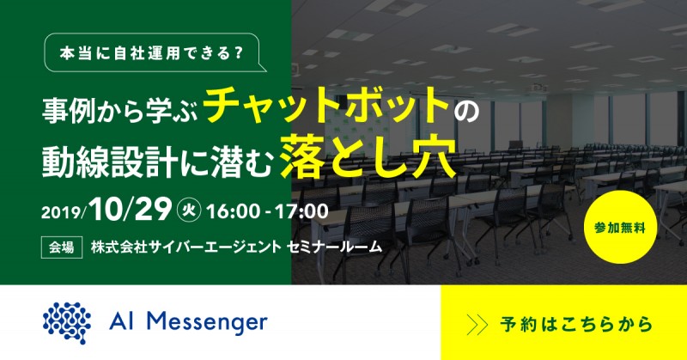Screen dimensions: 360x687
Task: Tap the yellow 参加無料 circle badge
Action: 629,229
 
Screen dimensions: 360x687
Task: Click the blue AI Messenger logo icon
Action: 68,322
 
